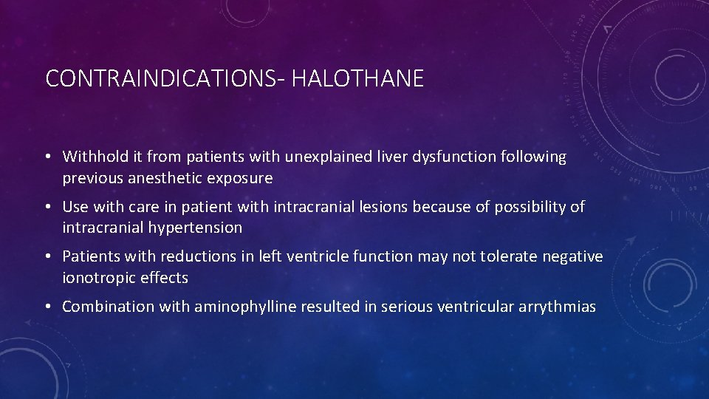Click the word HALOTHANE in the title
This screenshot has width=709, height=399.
pos(357,78)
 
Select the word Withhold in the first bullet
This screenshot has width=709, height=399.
pos(93,157)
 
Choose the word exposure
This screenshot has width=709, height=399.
pos(241,178)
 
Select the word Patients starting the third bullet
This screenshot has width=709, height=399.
pos(91,256)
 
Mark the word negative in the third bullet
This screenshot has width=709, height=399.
pos(572,256)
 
